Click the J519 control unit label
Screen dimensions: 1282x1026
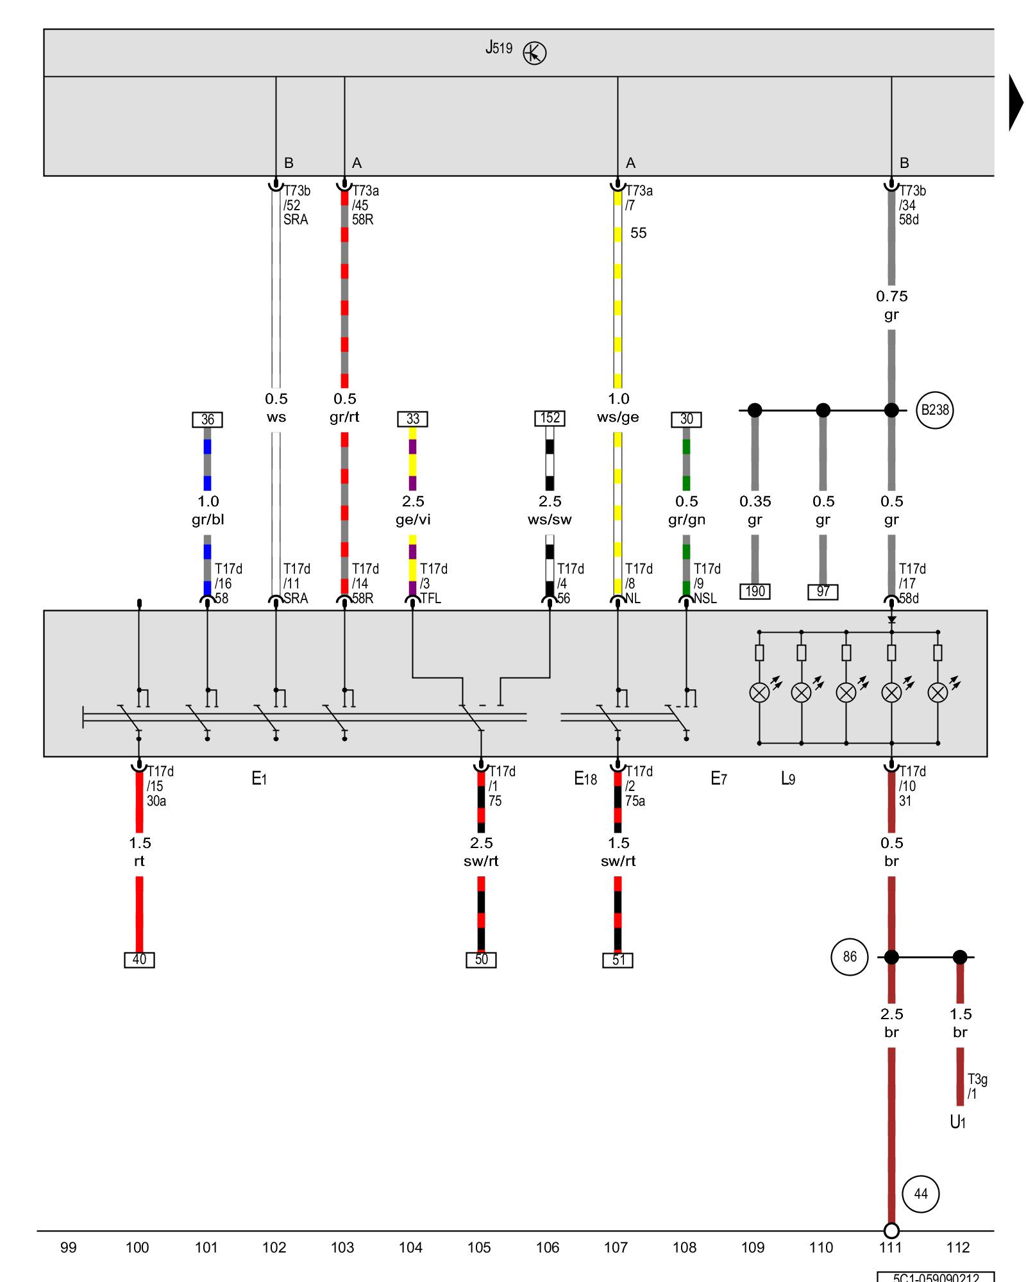pyautogui.click(x=499, y=48)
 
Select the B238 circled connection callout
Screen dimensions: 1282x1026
pyautogui.click(x=934, y=410)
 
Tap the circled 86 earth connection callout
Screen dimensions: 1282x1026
pyautogui.click(x=849, y=957)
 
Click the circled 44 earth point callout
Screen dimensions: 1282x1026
pyautogui.click(x=920, y=1194)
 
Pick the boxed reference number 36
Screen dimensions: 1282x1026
pyautogui.click(x=207, y=419)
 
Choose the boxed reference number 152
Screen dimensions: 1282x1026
pyautogui.click(x=550, y=418)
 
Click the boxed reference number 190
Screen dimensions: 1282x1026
pyautogui.click(x=755, y=591)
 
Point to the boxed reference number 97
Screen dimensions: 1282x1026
pyautogui.click(x=823, y=591)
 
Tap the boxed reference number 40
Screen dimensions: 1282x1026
pyautogui.click(x=139, y=960)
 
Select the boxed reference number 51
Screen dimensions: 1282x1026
pyautogui.click(x=618, y=960)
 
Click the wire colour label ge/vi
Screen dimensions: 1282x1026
pyautogui.click(x=413, y=520)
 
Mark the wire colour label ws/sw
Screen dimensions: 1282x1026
pyautogui.click(x=550, y=520)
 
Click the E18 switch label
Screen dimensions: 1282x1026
pyautogui.click(x=585, y=779)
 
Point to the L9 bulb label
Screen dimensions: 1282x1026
pyautogui.click(x=787, y=779)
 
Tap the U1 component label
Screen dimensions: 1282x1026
pyautogui.click(x=957, y=1122)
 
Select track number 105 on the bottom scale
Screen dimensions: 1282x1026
pyautogui.click(x=479, y=1247)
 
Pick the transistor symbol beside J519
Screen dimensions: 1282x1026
pyautogui.click(x=534, y=53)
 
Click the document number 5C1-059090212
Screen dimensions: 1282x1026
pyautogui.click(x=936, y=1278)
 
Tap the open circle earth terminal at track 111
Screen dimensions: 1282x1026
pyautogui.click(x=891, y=1231)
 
